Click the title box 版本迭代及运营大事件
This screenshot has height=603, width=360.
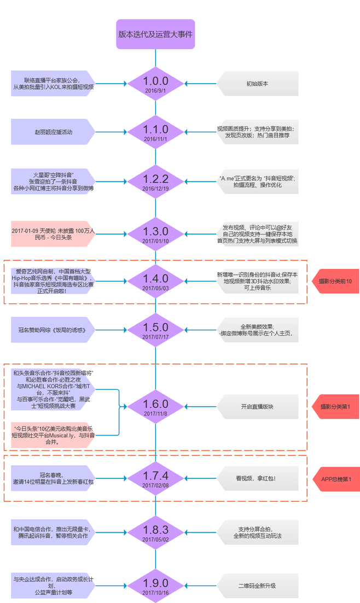(156, 34)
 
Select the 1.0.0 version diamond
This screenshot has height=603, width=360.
(156, 84)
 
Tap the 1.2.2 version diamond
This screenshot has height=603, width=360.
(156, 182)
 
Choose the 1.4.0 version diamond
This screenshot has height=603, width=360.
(156, 282)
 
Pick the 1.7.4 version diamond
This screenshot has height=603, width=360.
(156, 478)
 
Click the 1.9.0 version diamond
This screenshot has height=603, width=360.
(156, 586)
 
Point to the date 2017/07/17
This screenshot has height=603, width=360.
(156, 337)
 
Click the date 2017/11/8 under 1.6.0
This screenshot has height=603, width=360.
(156, 414)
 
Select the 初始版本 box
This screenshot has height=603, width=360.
(258, 84)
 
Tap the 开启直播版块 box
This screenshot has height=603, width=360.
(258, 407)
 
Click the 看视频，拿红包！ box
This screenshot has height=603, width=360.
(258, 478)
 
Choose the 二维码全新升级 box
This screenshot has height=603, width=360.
(258, 586)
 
